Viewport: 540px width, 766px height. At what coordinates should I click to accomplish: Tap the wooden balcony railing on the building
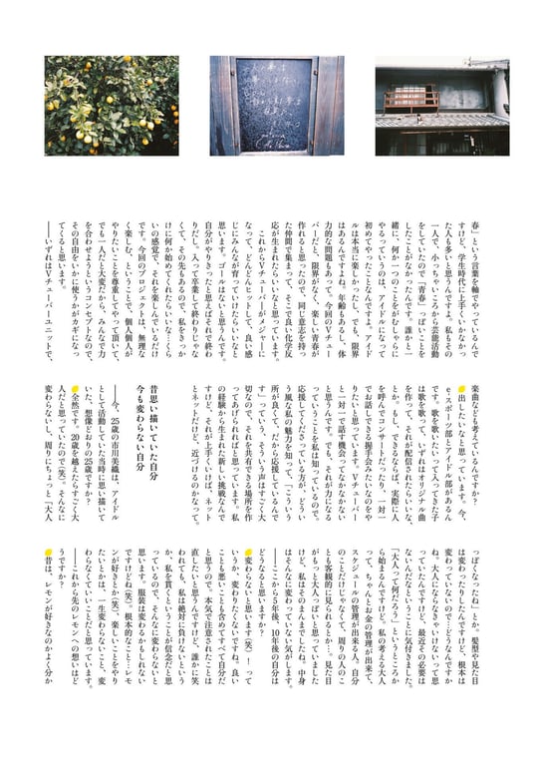pos(410,100)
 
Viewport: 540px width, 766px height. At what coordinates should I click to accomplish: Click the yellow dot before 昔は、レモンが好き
pos(47,553)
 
